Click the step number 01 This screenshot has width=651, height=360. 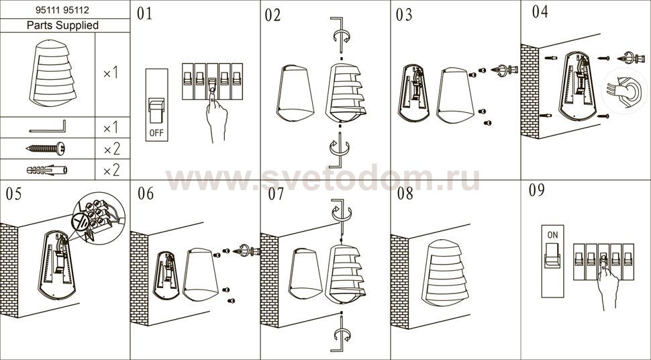coord(144,13)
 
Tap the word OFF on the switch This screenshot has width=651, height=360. coord(156,133)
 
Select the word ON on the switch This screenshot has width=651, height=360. coord(552,235)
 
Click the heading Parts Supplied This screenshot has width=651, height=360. coord(62,26)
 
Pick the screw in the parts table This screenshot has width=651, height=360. coord(45,148)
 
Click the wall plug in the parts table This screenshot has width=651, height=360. coord(47,170)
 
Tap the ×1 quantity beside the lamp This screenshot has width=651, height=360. coord(111,74)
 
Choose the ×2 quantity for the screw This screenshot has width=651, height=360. coord(111,149)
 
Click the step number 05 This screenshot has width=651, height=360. coord(13,194)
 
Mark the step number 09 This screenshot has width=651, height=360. coord(536,190)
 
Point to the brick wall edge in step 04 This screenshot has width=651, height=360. coord(530,91)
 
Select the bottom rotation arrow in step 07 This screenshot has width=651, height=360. coord(342,334)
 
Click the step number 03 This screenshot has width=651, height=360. coord(404,15)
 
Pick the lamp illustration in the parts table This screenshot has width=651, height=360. coord(53,73)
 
